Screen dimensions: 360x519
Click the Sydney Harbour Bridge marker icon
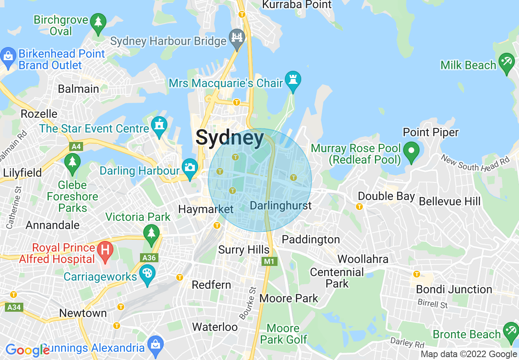pyautogui.click(x=237, y=38)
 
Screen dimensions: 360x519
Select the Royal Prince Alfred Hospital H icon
pyautogui.click(x=106, y=250)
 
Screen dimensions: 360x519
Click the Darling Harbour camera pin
pyautogui.click(x=190, y=168)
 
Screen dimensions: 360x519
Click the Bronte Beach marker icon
pyautogui.click(x=511, y=331)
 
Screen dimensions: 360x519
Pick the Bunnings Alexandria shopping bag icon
pyautogui.click(x=156, y=344)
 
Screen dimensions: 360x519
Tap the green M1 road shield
pyautogui.click(x=269, y=261)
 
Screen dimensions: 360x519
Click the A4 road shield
pyautogui.click(x=76, y=146)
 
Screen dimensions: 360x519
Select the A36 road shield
pyautogui.click(x=149, y=258)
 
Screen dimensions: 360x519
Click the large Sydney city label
pyautogui.click(x=230, y=138)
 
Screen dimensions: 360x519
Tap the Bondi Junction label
pyautogui.click(x=454, y=289)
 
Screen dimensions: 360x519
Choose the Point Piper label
pyautogui.click(x=431, y=132)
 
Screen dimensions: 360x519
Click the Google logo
pyautogui.click(x=27, y=350)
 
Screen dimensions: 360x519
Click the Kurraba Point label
pyautogui.click(x=297, y=4)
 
